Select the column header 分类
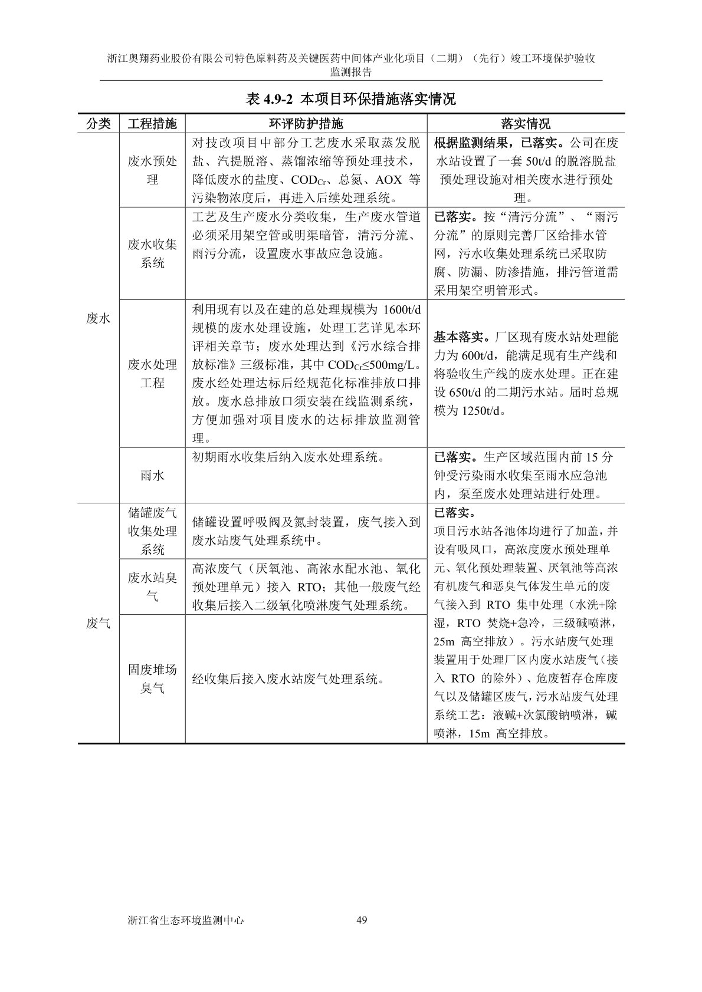coord(99,124)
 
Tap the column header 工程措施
coord(152,124)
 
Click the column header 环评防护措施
coord(306,124)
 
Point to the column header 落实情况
coord(525,124)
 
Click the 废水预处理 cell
coord(152,170)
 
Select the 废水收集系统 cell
coord(152,253)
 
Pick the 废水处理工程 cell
coord(152,374)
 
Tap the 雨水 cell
coord(152,475)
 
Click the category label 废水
coord(99,318)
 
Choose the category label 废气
coord(99,623)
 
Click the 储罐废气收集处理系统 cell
coord(152,531)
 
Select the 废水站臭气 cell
coord(152,586)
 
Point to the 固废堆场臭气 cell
coord(152,678)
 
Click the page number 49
coord(362,920)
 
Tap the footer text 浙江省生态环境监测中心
coord(185,920)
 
